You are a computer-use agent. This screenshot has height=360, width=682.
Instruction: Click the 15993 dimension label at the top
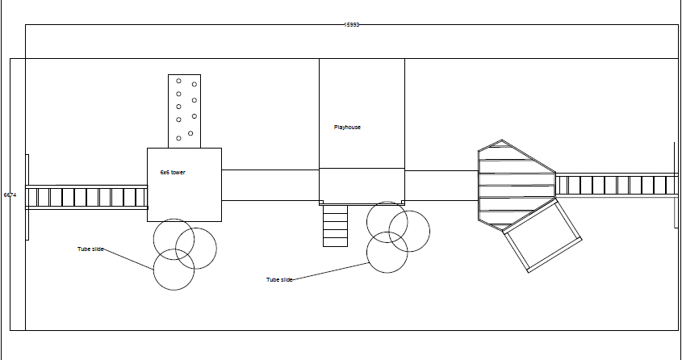coord(351,25)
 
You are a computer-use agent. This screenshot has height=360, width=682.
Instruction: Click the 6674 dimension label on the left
coord(10,195)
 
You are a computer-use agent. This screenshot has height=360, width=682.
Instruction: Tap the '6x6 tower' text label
coord(173,173)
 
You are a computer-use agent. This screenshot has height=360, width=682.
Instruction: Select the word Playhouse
coord(347,127)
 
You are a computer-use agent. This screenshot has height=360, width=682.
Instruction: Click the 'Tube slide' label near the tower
coord(90,249)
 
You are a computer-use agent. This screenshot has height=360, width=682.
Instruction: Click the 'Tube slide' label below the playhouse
coord(279,280)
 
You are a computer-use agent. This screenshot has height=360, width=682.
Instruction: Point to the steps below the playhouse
coord(335,225)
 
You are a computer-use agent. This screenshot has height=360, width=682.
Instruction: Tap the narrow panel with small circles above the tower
coord(184,111)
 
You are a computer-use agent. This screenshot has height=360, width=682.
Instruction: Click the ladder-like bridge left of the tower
coord(86,197)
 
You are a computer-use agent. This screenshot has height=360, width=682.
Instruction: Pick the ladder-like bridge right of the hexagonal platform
coord(616,185)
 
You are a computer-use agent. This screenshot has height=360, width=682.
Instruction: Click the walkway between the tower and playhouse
coord(270,185)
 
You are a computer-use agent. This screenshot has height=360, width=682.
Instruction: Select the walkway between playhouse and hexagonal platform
coord(441,185)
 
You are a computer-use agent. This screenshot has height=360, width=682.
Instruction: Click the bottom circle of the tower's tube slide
coord(174,270)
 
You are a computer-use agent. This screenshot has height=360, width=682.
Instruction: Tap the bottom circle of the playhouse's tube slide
coord(387,253)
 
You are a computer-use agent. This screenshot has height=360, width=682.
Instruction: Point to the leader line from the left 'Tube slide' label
coord(129,259)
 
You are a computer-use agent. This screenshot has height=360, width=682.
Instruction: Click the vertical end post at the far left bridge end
coord(27,196)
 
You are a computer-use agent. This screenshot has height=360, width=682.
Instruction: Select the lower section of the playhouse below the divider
coord(362,185)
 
